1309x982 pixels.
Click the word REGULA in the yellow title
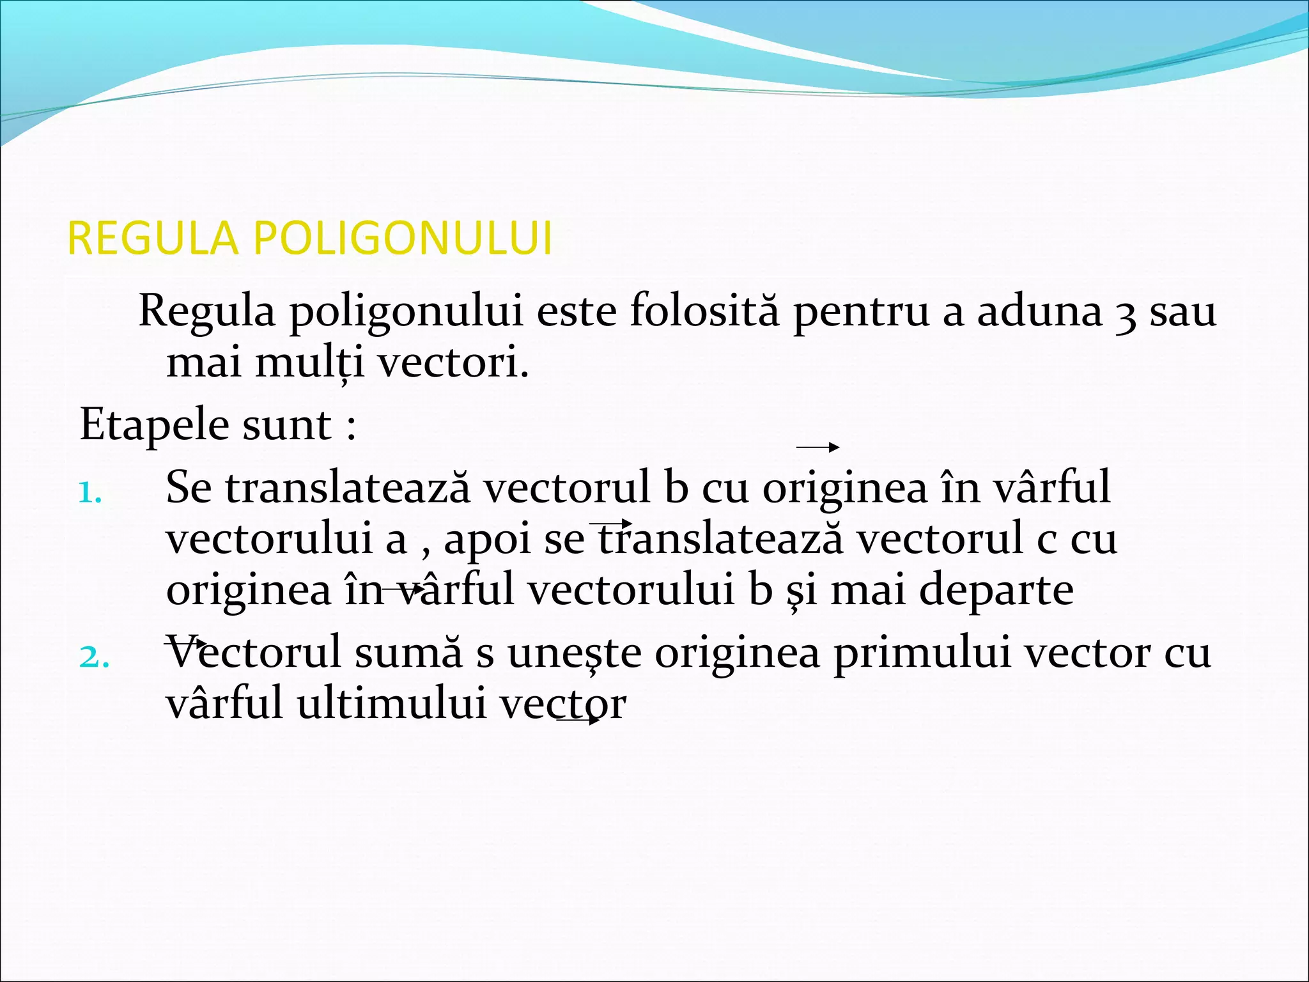click(x=153, y=238)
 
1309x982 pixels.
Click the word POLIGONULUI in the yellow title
click(x=403, y=238)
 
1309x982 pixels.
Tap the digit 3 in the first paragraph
click(x=1126, y=313)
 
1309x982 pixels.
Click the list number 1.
click(x=89, y=493)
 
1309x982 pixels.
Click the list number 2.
click(x=93, y=657)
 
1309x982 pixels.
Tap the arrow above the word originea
click(x=817, y=448)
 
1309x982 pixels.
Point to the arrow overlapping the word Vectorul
click(x=185, y=641)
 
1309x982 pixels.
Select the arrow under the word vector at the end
click(x=579, y=721)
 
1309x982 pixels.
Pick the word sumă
click(x=408, y=653)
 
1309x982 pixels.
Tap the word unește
click(x=575, y=653)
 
